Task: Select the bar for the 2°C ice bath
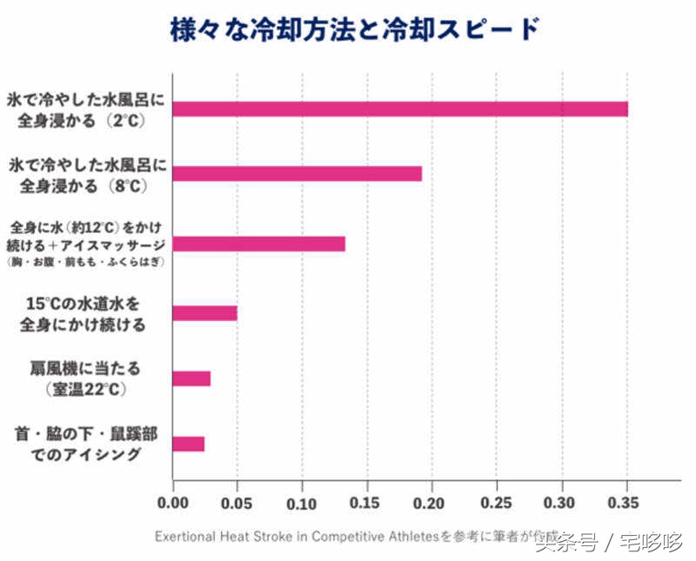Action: tap(400, 109)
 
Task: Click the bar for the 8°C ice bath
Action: tap(297, 173)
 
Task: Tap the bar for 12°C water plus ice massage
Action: tap(258, 244)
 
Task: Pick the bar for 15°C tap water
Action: tap(204, 313)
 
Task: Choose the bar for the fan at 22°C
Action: tap(191, 378)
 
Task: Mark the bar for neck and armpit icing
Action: tap(188, 444)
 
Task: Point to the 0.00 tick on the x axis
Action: tap(173, 504)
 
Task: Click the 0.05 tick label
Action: tap(237, 504)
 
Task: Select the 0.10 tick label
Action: tap(302, 504)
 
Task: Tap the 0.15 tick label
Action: tap(367, 504)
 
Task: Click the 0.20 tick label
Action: tap(432, 504)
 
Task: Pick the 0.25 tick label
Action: tap(497, 504)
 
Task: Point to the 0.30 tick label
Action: tap(562, 504)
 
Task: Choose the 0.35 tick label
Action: tap(626, 504)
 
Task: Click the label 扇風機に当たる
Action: tap(84, 369)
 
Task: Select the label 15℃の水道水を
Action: tap(83, 305)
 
